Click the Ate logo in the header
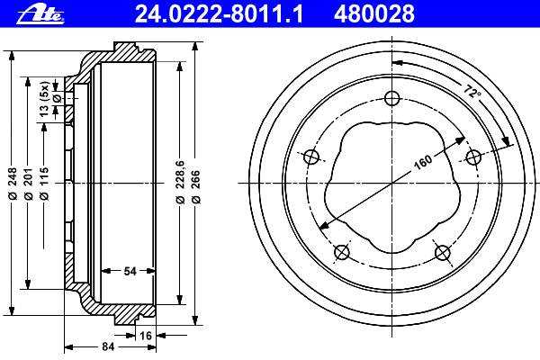[x=40, y=14]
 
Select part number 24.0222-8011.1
[x=219, y=14]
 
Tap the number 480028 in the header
[x=374, y=14]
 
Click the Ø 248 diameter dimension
[x=13, y=184]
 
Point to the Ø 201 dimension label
[x=29, y=184]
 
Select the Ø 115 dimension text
[x=44, y=184]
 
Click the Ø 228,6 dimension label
[x=180, y=182]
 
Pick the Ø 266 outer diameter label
[x=195, y=186]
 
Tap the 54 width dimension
[x=130, y=271]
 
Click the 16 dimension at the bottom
[x=145, y=335]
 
